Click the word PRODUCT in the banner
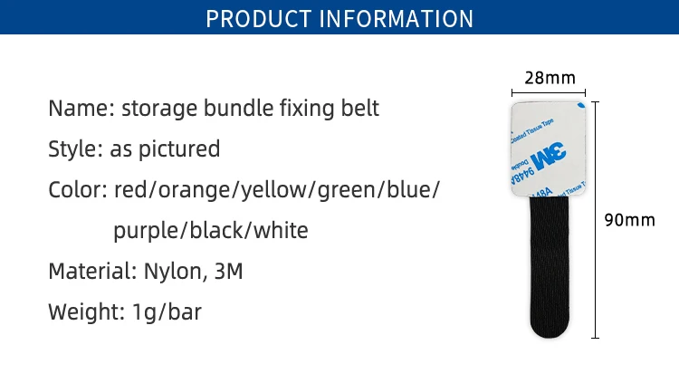[259, 19]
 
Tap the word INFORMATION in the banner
[397, 19]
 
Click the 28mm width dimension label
[550, 78]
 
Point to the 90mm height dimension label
[629, 220]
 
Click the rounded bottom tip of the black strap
[550, 337]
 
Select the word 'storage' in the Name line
[159, 109]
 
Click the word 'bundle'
[238, 108]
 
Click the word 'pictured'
[179, 149]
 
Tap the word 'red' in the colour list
[130, 190]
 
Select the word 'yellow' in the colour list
[277, 191]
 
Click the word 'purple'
[146, 232]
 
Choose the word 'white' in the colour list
[281, 230]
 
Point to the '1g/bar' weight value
[167, 312]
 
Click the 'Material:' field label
[92, 272]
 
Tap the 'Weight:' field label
[87, 312]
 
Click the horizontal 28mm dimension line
[549, 92]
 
